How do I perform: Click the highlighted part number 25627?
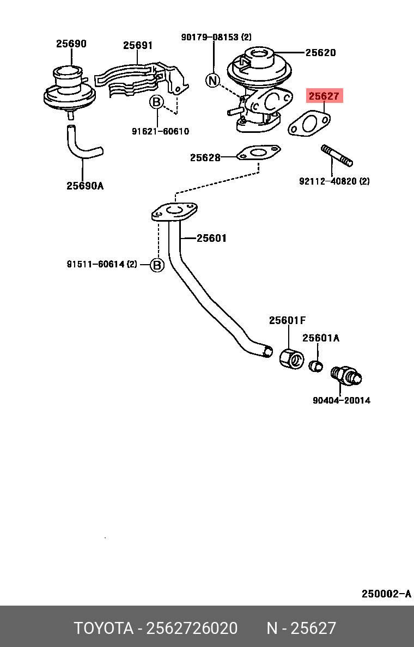(x=324, y=96)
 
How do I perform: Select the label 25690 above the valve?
(x=71, y=44)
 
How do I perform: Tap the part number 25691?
(x=137, y=46)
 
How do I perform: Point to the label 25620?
(x=320, y=53)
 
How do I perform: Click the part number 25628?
(x=205, y=158)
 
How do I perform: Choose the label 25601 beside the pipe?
(x=211, y=238)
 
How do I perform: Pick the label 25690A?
(x=85, y=186)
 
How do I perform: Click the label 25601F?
(x=287, y=320)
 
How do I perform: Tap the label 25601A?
(x=321, y=338)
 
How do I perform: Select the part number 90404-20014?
(x=341, y=400)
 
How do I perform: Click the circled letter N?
(x=212, y=81)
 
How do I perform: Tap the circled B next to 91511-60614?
(x=157, y=265)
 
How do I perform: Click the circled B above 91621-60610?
(x=156, y=102)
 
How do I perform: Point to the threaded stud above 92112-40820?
(x=337, y=155)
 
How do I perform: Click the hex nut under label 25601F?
(x=291, y=357)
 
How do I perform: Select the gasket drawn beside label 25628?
(x=259, y=153)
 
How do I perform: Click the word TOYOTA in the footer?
(x=103, y=628)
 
